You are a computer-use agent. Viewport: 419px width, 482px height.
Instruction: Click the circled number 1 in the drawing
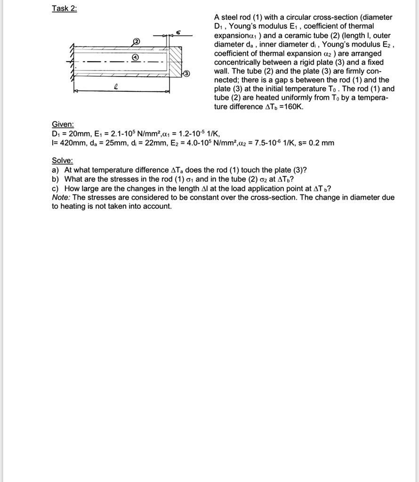tap(135, 58)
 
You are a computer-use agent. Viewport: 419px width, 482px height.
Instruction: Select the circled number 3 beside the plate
tap(187, 73)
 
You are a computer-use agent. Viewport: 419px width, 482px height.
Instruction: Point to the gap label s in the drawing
tap(178, 32)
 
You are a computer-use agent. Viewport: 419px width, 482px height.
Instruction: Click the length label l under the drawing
tap(116, 86)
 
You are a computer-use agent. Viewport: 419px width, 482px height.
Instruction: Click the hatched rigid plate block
tap(175, 61)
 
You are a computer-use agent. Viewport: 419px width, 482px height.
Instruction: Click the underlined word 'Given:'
tap(63, 124)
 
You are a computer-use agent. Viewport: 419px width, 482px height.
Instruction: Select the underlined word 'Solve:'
tap(62, 161)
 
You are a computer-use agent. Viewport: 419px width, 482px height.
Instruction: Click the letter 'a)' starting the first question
tap(56, 170)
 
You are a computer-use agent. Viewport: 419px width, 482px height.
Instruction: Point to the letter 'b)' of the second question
tap(56, 179)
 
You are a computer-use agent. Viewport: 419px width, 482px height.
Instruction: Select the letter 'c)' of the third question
tap(56, 188)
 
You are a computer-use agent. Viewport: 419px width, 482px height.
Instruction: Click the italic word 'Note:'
tap(61, 197)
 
